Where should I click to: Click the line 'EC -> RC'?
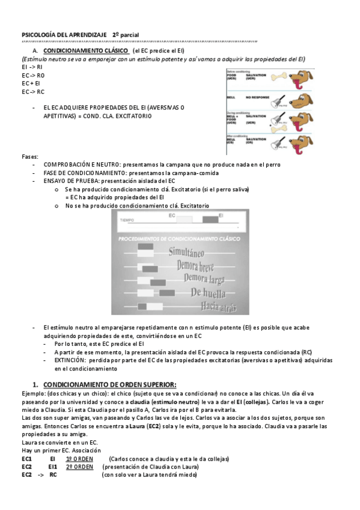(x=32, y=92)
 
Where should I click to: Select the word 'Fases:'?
(x=29, y=156)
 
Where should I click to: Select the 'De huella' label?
(x=208, y=293)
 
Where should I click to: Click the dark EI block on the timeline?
(x=210, y=220)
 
